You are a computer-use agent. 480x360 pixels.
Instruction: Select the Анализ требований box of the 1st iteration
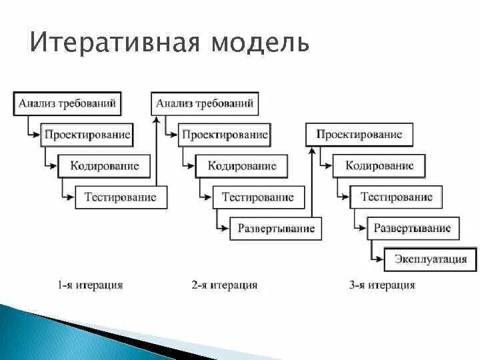coord(67,103)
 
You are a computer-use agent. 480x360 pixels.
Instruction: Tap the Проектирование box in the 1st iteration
coord(87,135)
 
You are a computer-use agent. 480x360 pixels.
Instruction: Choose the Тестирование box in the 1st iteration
coord(121,197)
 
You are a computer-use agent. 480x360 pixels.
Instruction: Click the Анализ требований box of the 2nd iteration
coord(205,103)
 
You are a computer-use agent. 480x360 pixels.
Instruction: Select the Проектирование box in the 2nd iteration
coord(224,135)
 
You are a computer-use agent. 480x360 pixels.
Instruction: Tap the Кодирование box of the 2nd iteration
coord(241,165)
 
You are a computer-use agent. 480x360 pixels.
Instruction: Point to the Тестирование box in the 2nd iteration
coord(258,197)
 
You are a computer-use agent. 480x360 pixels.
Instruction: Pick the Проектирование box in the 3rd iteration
coord(359,135)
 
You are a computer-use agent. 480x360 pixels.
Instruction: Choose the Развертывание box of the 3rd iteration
coord(412,229)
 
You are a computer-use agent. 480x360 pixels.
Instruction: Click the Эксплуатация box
coord(430,259)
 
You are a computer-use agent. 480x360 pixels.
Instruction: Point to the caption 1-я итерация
coord(90,285)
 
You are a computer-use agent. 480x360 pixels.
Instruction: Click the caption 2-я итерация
coord(224,285)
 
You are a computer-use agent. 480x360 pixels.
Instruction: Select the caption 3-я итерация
coord(382,285)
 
